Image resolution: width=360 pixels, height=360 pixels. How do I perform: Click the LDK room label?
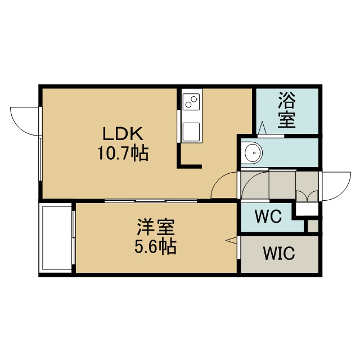[x=123, y=134]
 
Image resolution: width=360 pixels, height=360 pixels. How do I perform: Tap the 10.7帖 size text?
[x=123, y=153]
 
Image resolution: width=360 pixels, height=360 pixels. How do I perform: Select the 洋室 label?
[x=156, y=227]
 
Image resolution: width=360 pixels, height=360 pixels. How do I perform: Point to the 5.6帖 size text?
[x=155, y=246]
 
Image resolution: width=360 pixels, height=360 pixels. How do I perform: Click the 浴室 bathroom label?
[x=287, y=110]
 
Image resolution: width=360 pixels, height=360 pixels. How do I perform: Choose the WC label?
[x=268, y=216]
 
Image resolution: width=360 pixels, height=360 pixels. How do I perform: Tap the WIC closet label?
[x=279, y=253]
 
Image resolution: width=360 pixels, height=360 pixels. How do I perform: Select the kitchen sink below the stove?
[x=191, y=132]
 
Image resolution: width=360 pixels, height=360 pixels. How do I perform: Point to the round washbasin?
[x=253, y=152]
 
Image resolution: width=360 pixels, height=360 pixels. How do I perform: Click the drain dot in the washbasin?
[x=254, y=152]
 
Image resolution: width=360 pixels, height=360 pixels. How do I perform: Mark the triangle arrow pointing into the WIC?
[x=231, y=240]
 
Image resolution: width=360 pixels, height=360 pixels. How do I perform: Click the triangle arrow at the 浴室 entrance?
[x=262, y=128]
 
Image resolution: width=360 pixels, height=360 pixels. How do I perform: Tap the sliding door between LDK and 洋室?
[x=151, y=201]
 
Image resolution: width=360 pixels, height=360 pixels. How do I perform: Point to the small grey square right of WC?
[x=313, y=226]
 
